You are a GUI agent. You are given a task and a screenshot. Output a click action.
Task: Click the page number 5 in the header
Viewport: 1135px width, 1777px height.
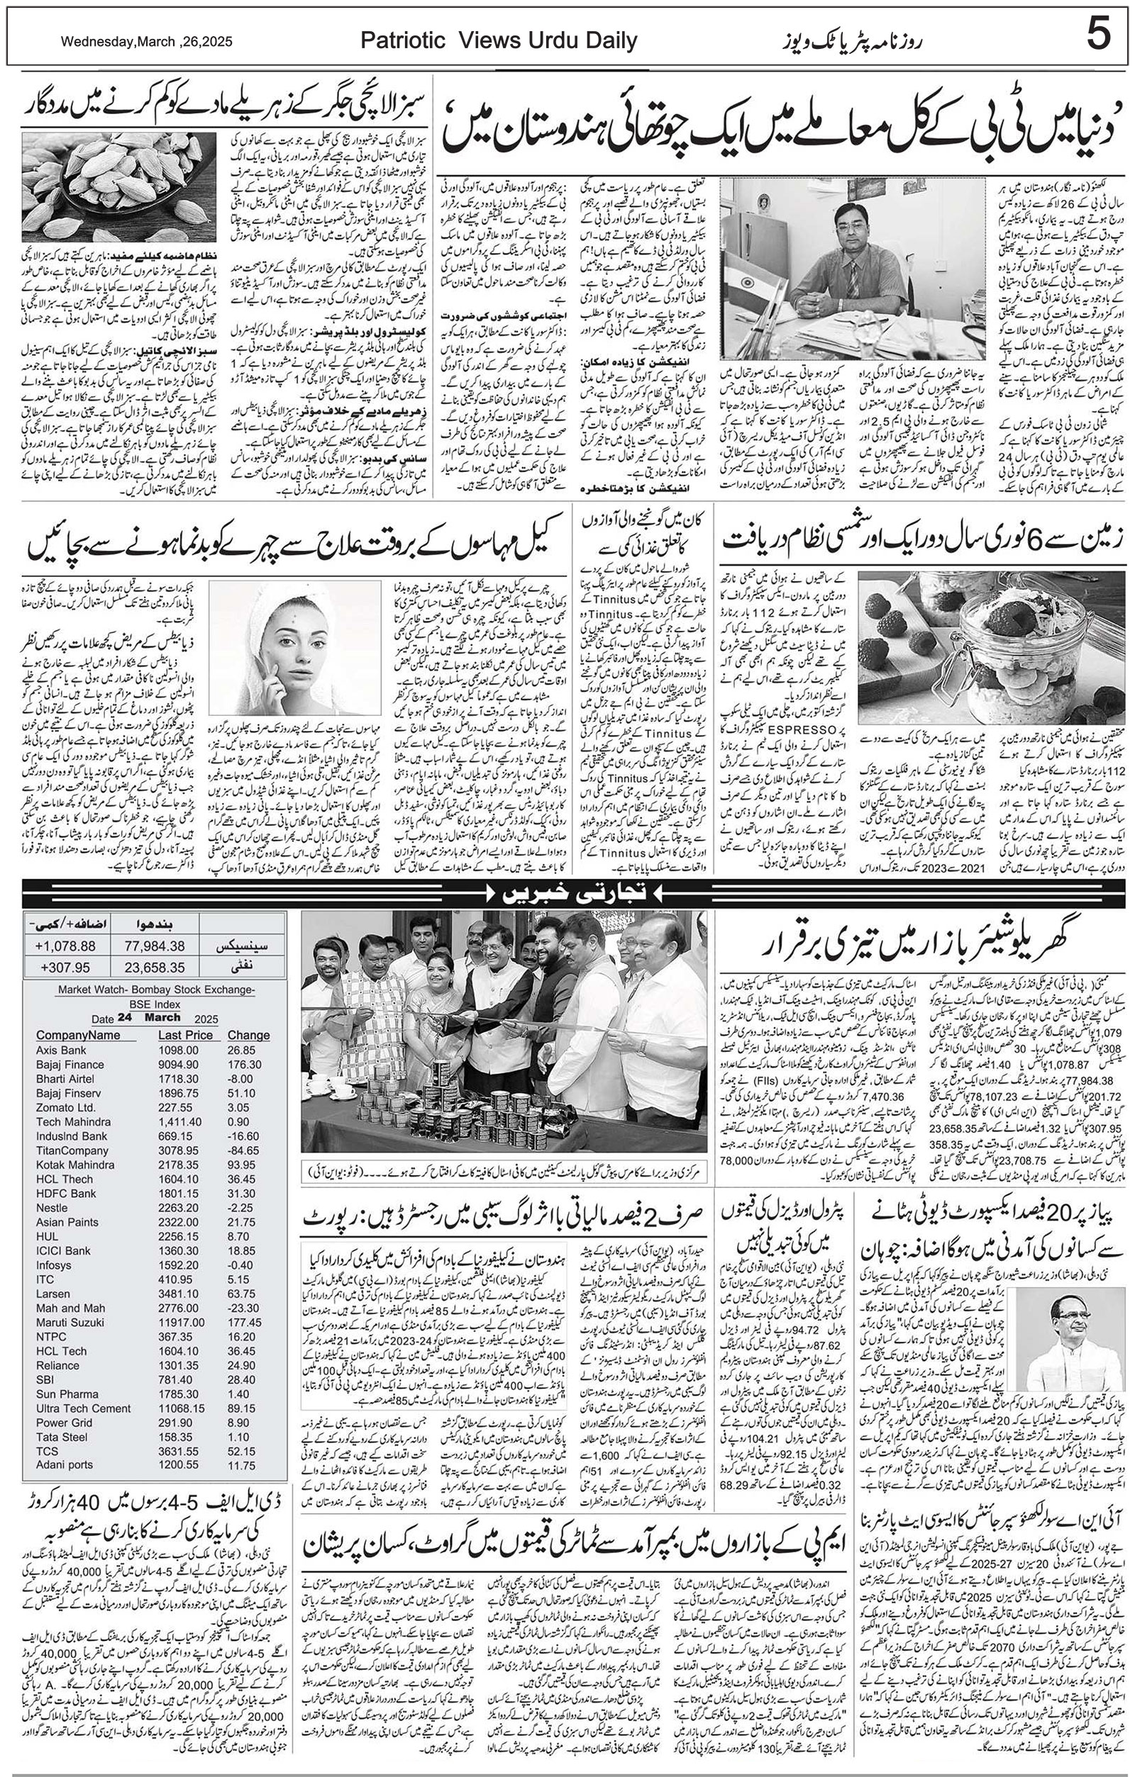pos(1098,35)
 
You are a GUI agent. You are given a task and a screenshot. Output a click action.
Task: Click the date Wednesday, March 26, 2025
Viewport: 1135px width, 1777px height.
pos(146,42)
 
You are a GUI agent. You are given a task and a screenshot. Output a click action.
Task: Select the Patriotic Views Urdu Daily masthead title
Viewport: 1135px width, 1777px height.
pos(499,40)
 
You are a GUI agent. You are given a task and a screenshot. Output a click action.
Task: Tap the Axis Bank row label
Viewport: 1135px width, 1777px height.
pos(61,1050)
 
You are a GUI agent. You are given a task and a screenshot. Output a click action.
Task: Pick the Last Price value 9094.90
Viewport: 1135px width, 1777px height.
pos(178,1064)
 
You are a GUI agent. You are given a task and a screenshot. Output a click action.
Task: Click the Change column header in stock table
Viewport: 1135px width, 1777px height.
pos(248,1035)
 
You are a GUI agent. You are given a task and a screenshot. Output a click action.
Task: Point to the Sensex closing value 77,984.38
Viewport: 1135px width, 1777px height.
pos(155,946)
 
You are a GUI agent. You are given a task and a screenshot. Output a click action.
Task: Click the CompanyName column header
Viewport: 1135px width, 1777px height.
pos(78,1035)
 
